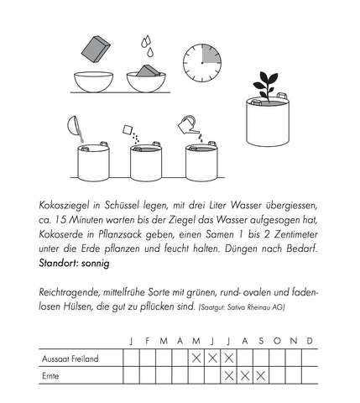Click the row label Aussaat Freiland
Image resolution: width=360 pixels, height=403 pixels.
(x=70, y=359)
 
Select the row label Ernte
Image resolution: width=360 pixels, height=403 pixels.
(x=52, y=375)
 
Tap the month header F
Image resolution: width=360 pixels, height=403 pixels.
(x=148, y=341)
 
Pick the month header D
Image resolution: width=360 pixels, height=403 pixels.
(x=310, y=341)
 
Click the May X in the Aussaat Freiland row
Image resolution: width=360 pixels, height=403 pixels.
(x=196, y=359)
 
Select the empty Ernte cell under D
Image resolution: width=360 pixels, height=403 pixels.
(x=310, y=375)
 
